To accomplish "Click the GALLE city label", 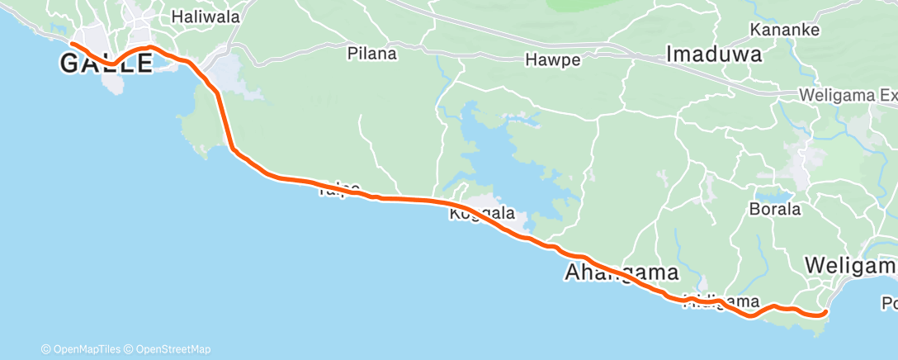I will (x=106, y=64).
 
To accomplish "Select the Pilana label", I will (x=371, y=54).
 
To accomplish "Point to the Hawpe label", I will (x=552, y=60).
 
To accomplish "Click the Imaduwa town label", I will (x=714, y=55).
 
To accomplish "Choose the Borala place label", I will (x=774, y=209).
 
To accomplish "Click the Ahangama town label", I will (x=622, y=272).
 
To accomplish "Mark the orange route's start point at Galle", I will (x=73, y=44).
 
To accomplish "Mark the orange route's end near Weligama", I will (x=825, y=312).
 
